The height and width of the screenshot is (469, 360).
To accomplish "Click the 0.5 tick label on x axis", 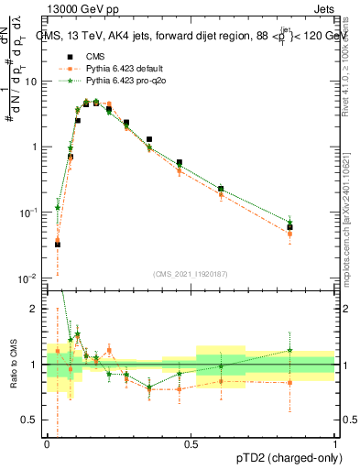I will click(191, 444).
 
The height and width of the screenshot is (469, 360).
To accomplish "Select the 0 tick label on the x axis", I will click(47, 444).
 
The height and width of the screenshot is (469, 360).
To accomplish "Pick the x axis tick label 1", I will click(334, 444).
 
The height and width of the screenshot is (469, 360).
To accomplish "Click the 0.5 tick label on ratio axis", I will click(35, 420).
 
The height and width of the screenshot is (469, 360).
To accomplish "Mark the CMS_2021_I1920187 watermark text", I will click(190, 273).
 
